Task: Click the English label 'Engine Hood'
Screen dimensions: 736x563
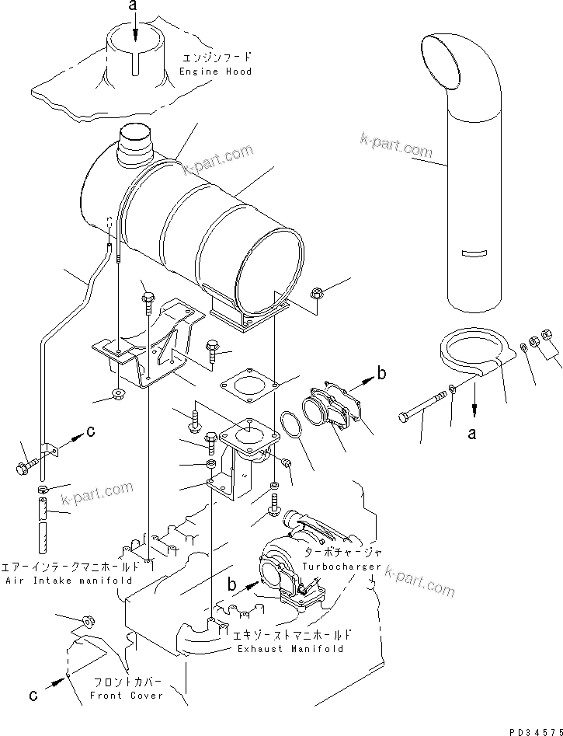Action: (x=215, y=72)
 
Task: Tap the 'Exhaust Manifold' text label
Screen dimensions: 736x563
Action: (x=291, y=648)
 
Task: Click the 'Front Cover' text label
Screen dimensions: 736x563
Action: (x=127, y=695)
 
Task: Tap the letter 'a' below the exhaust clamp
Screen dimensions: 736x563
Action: (x=471, y=434)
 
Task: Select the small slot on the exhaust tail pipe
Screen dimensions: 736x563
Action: (x=473, y=253)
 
